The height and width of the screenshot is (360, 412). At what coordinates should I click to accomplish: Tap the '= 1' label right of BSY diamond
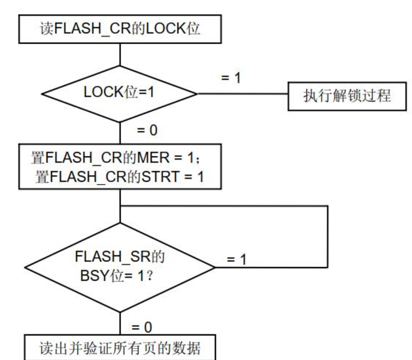coord(237,260)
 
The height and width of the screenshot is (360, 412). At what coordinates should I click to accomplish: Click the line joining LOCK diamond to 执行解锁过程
coord(242,93)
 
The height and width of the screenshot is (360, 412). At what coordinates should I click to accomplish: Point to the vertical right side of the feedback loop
coord(326,237)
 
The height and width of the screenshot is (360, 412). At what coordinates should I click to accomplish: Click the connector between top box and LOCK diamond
coord(121,54)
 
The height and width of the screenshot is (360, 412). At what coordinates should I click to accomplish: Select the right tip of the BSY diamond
coord(214,268)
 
